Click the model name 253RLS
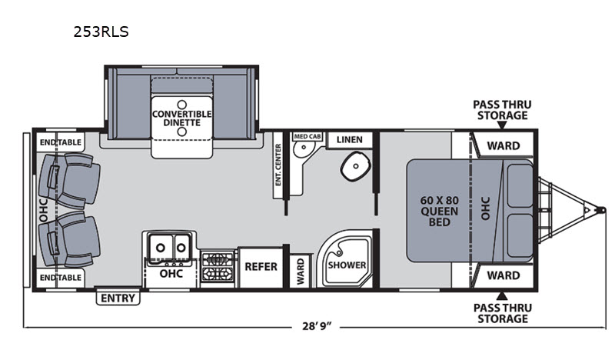tap(101, 32)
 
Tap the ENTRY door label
tap(118, 298)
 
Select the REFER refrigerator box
tap(261, 267)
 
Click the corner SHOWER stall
tap(345, 259)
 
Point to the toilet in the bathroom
tap(356, 165)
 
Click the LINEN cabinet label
tap(350, 140)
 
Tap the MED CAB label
tap(307, 136)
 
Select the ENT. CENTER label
tap(278, 165)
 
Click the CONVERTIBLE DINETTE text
tap(182, 118)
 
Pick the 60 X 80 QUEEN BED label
tap(439, 212)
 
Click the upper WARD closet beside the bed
tap(504, 145)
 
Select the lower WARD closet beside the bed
tap(504, 275)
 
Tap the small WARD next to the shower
tap(301, 271)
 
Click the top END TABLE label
tap(61, 142)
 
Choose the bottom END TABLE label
tap(61, 278)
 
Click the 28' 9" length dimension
tap(317, 326)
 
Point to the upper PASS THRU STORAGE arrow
tap(502, 125)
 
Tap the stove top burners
tap(218, 267)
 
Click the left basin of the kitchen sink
tap(161, 248)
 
